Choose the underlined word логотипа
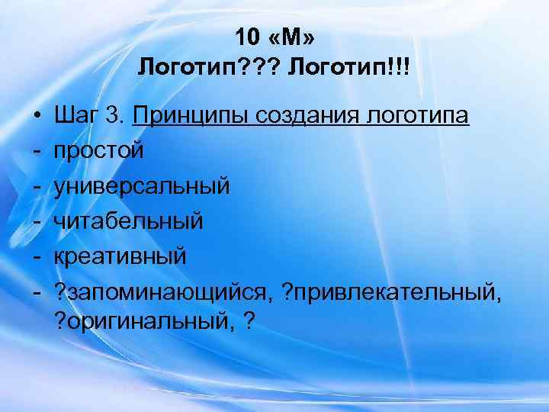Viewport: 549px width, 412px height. tap(419, 117)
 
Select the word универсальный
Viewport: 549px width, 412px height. tap(141, 186)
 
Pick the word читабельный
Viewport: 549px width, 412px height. tap(129, 221)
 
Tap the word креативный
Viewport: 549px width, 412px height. tap(120, 256)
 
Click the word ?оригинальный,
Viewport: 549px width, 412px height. tap(143, 321)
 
